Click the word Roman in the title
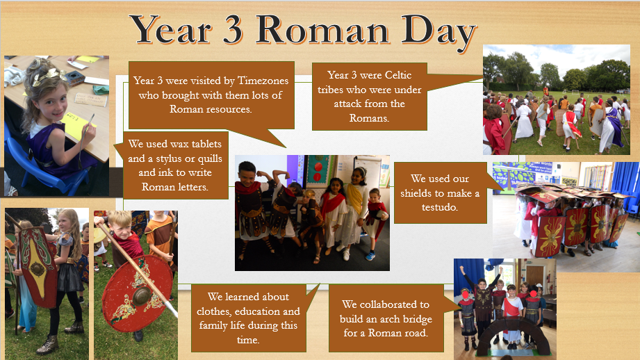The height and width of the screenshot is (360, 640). click(322, 30)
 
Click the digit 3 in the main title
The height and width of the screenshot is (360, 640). click(233, 30)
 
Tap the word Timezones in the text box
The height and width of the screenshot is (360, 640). click(263, 81)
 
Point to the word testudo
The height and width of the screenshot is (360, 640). click(440, 207)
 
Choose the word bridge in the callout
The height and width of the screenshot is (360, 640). click(416, 319)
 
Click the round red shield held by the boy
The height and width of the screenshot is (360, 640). click(136, 293)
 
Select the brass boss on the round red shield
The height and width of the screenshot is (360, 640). click(142, 296)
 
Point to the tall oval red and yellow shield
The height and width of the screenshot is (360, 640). click(39, 268)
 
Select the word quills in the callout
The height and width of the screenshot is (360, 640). click(208, 158)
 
